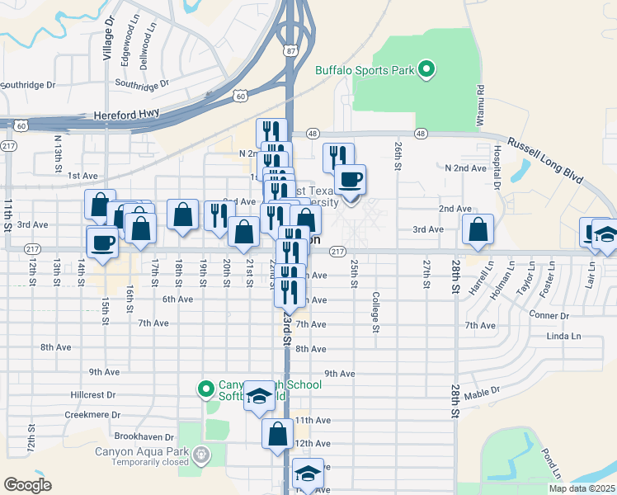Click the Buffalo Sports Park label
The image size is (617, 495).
(365, 70)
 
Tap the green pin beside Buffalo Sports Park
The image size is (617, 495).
(426, 69)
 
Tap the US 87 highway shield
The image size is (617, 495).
(291, 51)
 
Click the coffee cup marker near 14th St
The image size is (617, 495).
(103, 243)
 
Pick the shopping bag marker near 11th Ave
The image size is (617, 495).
(278, 433)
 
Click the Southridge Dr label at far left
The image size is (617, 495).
(27, 84)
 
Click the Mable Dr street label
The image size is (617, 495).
(481, 395)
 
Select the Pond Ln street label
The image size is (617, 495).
(549, 464)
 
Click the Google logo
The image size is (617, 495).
(27, 485)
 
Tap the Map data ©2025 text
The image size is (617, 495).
(581, 488)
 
